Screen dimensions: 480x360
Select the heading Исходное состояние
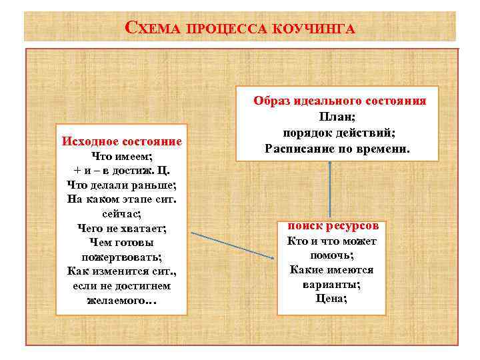pyautogui.click(x=122, y=141)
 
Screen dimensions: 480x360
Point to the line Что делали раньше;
pyautogui.click(x=121, y=184)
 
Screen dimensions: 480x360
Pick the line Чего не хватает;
pyautogui.click(x=122, y=227)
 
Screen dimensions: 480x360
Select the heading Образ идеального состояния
pyautogui.click(x=340, y=101)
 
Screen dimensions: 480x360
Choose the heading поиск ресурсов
pyautogui.click(x=332, y=226)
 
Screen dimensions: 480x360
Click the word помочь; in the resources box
pyautogui.click(x=332, y=255)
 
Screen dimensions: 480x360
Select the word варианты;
pyautogui.click(x=332, y=284)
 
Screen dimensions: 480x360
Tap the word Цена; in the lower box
pyautogui.click(x=332, y=298)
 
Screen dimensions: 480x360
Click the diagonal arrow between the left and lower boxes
pyautogui.click(x=233, y=245)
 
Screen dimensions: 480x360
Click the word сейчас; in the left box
pyautogui.click(x=122, y=213)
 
